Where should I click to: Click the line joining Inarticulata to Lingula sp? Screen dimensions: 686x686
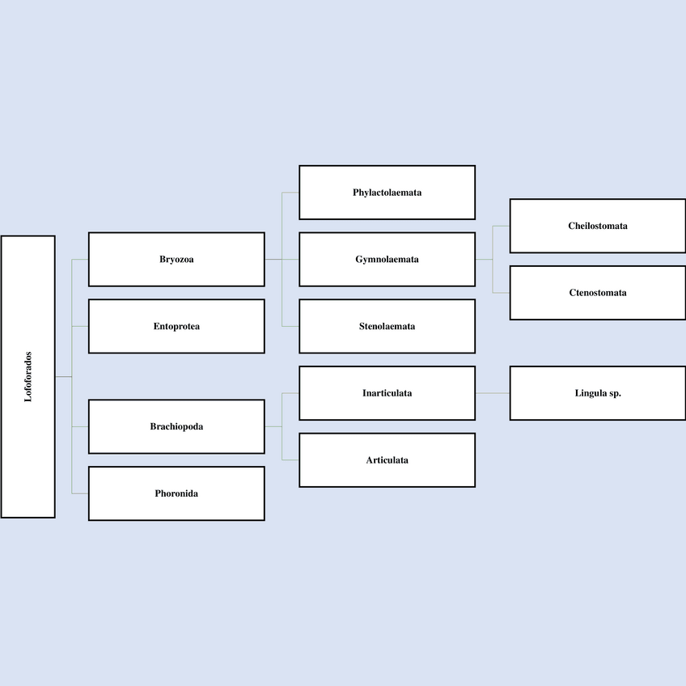tap(493, 393)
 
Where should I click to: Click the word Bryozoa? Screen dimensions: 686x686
tap(176, 260)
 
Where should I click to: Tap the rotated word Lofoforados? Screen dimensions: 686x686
tap(28, 376)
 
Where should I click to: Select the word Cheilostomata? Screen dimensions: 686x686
tap(598, 226)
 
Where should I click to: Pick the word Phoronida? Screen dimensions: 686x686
tap(176, 493)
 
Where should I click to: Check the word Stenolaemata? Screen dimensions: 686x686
tap(387, 326)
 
